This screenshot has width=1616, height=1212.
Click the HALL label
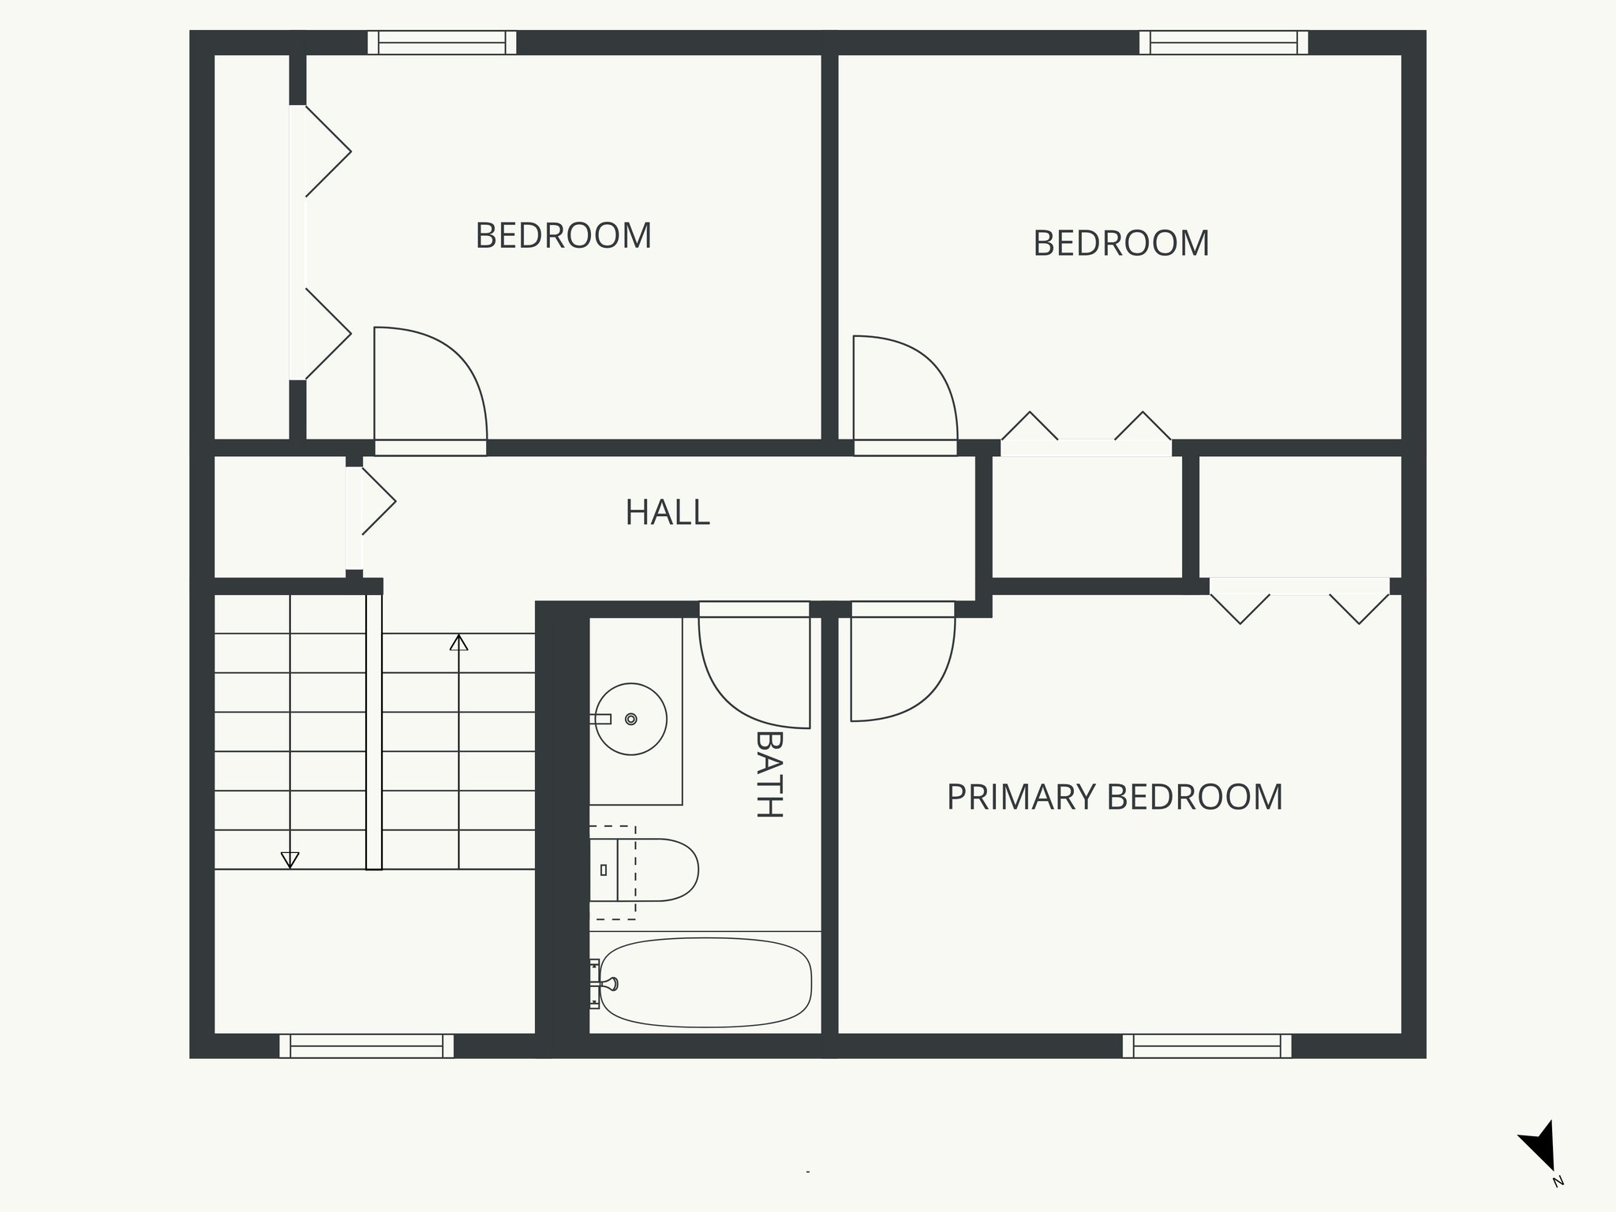pyautogui.click(x=668, y=513)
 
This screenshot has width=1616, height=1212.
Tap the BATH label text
pyautogui.click(x=769, y=774)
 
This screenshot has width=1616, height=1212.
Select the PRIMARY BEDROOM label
pyautogui.click(x=1114, y=797)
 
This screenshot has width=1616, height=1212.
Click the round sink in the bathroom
pyautogui.click(x=630, y=719)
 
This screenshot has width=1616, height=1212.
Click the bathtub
pyautogui.click(x=705, y=982)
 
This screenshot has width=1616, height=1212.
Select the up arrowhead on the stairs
pyautogui.click(x=458, y=642)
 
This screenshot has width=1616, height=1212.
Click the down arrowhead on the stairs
pyautogui.click(x=290, y=860)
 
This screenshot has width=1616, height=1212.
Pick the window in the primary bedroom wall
pyautogui.click(x=1206, y=1046)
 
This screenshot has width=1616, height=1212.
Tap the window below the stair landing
pyautogui.click(x=367, y=1046)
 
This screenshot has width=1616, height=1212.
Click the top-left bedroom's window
pyautogui.click(x=442, y=42)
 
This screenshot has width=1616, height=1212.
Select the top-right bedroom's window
pyautogui.click(x=1223, y=42)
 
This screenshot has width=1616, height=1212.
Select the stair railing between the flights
pyautogui.click(x=374, y=732)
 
